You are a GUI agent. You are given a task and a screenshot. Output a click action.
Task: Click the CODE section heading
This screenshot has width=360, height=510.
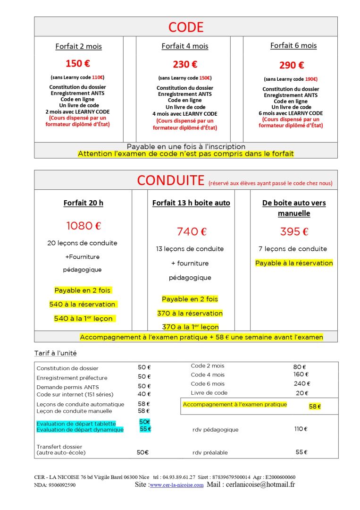[185, 27]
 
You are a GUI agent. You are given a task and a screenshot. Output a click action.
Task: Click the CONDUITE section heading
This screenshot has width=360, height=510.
[170, 180]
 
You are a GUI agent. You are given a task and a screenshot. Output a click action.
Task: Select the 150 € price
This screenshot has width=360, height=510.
[78, 63]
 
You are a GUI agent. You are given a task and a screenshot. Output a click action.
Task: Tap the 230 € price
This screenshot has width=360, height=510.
[185, 64]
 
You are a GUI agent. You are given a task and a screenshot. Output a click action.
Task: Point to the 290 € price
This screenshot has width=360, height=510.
[292, 65]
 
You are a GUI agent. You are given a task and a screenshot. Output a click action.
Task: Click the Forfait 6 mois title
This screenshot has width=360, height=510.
[293, 46]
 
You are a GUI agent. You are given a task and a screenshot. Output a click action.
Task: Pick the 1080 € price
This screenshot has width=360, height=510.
[84, 226]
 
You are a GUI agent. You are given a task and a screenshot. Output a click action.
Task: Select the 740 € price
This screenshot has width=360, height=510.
[192, 231]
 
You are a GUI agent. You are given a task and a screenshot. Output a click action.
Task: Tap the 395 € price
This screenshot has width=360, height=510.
[294, 231]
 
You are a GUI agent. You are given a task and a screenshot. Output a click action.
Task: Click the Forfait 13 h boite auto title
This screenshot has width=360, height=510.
[191, 203]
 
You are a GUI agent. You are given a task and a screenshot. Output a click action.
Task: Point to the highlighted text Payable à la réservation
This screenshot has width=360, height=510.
[294, 263]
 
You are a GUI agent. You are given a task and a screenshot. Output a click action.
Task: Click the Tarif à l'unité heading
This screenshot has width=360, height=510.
[55, 353]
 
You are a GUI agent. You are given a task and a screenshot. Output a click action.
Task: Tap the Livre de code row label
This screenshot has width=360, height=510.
[209, 392]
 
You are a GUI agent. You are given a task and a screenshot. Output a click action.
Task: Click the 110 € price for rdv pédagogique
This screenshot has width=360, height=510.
[301, 429]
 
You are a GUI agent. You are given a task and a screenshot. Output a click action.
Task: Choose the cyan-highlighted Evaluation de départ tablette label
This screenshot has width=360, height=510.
[76, 424]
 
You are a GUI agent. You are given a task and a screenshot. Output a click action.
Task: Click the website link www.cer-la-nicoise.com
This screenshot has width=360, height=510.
[176, 485]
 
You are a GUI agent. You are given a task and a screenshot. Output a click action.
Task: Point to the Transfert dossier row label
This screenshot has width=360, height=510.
[59, 447]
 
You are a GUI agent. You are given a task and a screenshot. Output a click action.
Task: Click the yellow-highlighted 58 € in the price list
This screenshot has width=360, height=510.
[315, 406]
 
